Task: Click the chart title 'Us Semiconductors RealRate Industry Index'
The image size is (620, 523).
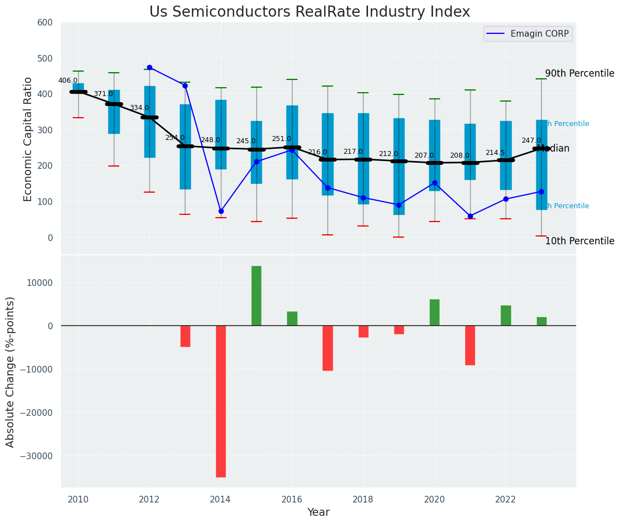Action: coord(310,12)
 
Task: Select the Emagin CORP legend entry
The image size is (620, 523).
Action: coord(528,34)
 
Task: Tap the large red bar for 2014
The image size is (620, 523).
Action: coord(221,401)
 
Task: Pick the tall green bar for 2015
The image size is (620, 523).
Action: coord(256,295)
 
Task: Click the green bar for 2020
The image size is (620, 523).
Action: coord(435,313)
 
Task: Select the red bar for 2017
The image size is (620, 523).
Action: coord(327,348)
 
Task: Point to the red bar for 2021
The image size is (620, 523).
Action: coord(470,345)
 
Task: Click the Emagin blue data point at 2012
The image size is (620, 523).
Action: coord(149,67)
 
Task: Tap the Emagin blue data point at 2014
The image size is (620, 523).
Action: coord(221,211)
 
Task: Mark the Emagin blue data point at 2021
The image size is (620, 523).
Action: coord(470,216)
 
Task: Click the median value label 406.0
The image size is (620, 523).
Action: coord(68,81)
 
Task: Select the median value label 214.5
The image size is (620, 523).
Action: coord(495,153)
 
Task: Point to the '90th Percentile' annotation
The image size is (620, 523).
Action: coord(579,74)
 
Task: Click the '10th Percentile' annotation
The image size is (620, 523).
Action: coord(579,242)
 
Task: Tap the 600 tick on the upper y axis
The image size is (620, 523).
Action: coord(45,23)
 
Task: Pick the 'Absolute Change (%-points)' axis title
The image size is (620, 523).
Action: coord(11,372)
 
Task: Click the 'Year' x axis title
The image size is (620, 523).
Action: coord(319,512)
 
